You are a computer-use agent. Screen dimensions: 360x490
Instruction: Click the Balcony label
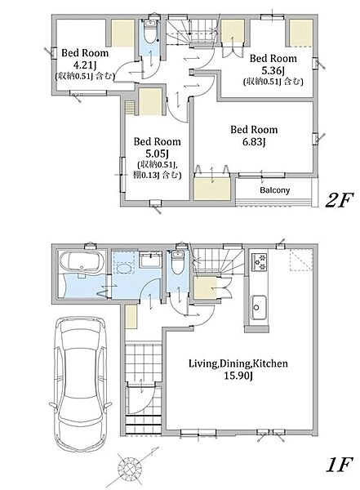(274, 190)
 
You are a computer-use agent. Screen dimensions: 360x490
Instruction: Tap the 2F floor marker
(339, 200)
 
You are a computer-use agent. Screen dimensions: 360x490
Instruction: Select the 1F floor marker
(339, 465)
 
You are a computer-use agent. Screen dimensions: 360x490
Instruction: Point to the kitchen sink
(258, 308)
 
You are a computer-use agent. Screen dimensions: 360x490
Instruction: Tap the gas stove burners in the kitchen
(260, 261)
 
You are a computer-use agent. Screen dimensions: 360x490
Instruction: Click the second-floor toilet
(151, 32)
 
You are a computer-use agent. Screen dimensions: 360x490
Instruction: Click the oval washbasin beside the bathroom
(124, 269)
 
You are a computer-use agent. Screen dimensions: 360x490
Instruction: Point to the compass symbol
(130, 468)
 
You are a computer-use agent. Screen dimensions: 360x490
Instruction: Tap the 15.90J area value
(238, 376)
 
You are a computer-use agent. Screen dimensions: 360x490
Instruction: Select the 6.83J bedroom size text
(254, 142)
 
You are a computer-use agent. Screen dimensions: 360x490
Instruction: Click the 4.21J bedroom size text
(85, 65)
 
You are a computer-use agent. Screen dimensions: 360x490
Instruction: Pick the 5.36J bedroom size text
(273, 70)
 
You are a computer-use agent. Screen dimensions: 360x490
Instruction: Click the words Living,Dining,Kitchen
(238, 363)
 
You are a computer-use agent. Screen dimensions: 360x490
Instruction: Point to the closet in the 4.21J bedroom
(122, 33)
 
